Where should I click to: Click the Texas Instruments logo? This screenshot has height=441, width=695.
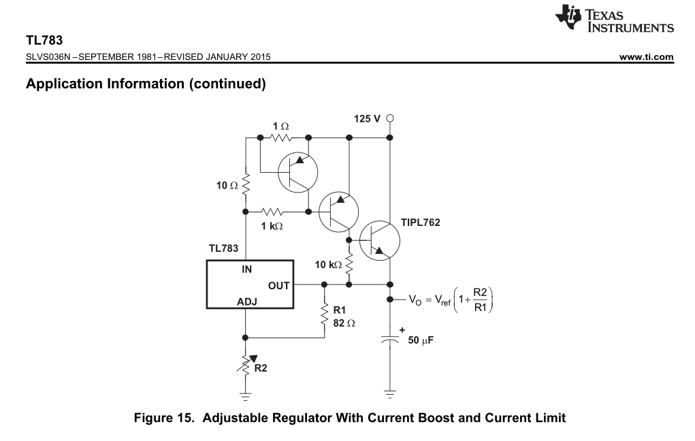[614, 18]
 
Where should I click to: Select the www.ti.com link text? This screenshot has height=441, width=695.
[646, 56]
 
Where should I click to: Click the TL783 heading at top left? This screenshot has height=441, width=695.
[44, 40]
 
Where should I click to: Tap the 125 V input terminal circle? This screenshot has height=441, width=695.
[389, 118]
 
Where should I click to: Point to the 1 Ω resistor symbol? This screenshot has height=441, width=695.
[281, 138]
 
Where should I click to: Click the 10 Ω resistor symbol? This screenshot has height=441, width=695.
[246, 184]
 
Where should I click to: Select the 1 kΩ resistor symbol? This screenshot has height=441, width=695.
[272, 212]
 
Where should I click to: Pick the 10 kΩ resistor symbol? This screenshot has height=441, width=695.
[349, 265]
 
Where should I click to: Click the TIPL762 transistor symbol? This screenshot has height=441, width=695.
[379, 241]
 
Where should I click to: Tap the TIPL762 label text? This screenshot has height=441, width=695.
[420, 223]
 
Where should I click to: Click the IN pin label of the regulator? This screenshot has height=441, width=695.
[246, 269]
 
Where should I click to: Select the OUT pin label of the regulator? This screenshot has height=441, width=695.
[278, 286]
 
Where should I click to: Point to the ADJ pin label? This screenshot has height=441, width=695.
[247, 302]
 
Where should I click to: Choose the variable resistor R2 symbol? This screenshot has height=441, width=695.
[246, 366]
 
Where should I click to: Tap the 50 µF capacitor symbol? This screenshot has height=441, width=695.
[389, 339]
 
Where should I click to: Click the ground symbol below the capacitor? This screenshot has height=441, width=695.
[389, 395]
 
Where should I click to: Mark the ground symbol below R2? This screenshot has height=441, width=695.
[245, 396]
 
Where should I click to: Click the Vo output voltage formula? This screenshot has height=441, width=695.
[451, 300]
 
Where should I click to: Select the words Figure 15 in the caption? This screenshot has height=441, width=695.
[164, 418]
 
